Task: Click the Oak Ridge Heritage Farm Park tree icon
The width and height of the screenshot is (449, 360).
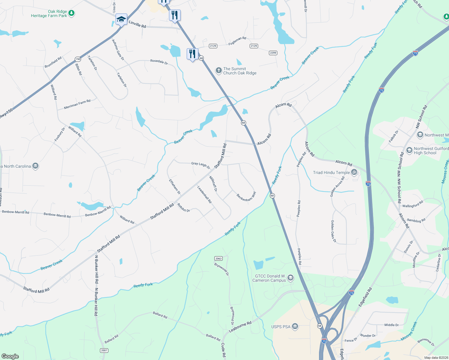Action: click(71, 13)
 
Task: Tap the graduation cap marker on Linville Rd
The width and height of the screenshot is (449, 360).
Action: click(121, 19)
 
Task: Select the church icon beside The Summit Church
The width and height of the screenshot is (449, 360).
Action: click(219, 70)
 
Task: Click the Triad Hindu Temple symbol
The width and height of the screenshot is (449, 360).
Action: click(354, 172)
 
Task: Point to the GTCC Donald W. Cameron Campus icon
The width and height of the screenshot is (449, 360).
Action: click(290, 278)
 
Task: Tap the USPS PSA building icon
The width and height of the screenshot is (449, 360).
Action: click(295, 326)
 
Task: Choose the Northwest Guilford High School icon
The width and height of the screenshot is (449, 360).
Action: click(409, 150)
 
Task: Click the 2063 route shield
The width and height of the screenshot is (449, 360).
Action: click(218, 258)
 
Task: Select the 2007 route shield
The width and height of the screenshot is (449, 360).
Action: click(104, 350)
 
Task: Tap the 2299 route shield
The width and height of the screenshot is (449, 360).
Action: click(273, 53)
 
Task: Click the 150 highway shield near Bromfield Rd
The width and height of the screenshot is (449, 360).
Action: click(78, 59)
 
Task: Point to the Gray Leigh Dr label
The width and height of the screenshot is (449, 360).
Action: click(201, 165)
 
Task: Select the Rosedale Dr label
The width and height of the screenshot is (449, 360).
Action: click(159, 62)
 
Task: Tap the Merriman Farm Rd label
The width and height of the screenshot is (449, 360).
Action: click(77, 104)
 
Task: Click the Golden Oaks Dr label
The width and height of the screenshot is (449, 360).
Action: click(333, 231)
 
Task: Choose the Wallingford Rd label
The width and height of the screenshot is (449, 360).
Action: click(413, 204)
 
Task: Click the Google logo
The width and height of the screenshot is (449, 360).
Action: click(10, 356)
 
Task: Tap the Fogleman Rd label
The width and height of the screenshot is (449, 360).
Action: click(237, 41)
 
